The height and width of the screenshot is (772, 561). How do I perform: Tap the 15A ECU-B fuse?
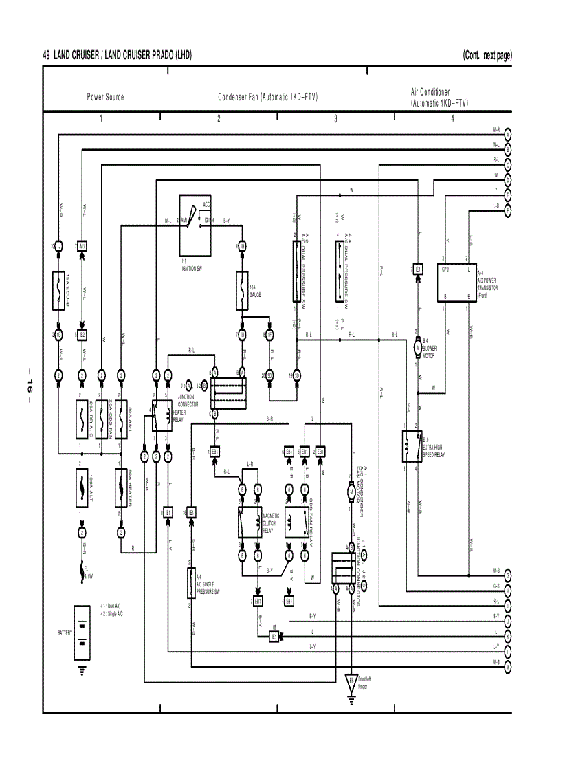point(58,288)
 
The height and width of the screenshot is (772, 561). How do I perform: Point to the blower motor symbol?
point(417,349)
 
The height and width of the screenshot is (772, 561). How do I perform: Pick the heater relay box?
point(162,415)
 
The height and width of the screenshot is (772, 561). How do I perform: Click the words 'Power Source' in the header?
point(105,97)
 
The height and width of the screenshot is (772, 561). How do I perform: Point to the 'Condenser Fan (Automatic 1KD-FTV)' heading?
point(267,97)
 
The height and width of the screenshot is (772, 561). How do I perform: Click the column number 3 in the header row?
point(335,119)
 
